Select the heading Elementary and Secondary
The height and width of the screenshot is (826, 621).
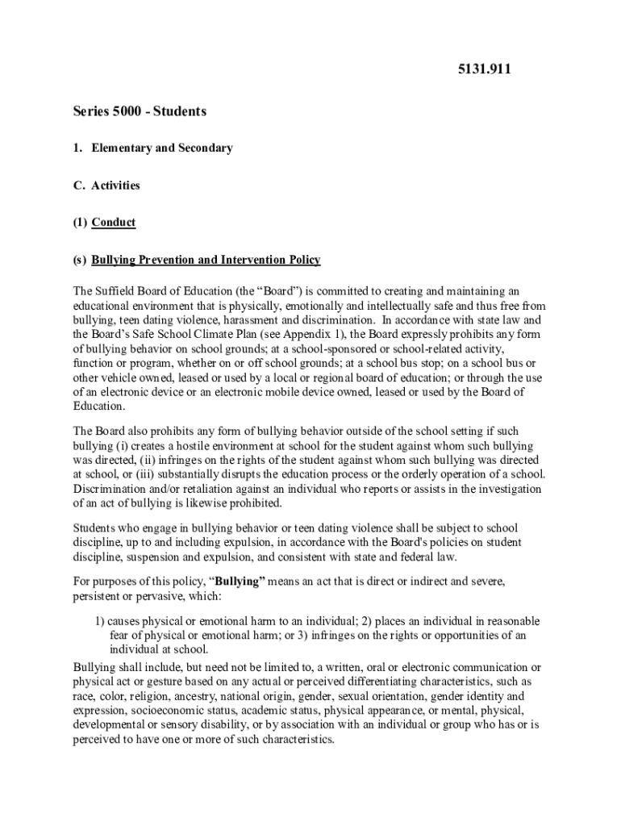click(162, 148)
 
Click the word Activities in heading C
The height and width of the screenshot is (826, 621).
click(115, 185)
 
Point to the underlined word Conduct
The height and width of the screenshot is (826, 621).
click(114, 222)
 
